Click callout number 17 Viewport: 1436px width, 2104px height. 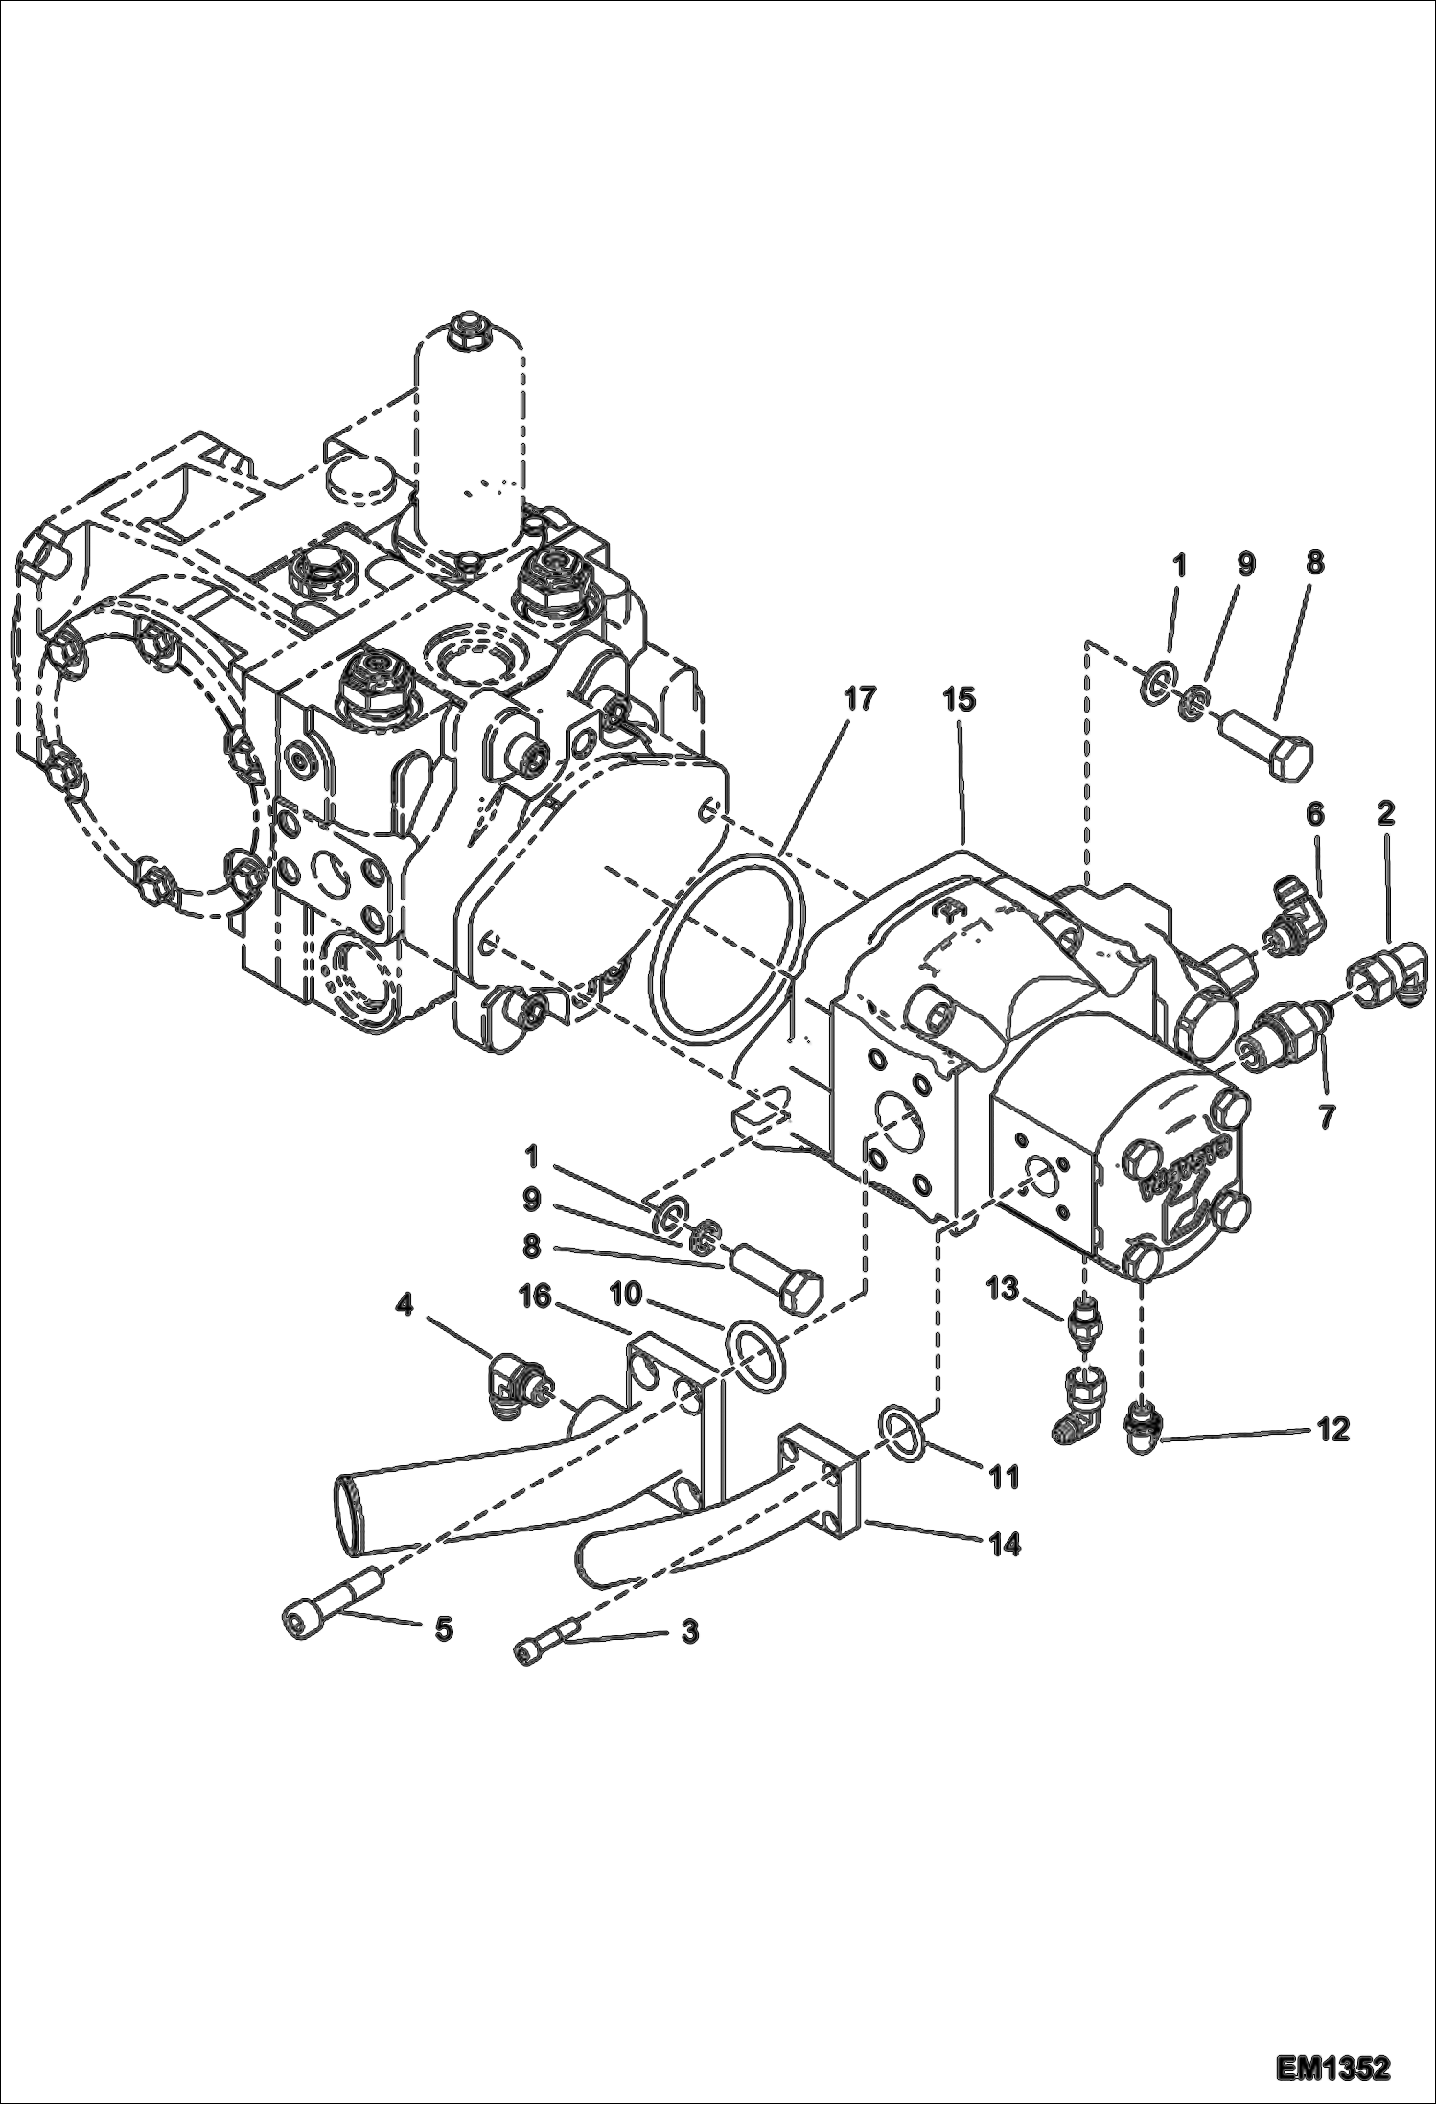[860, 699]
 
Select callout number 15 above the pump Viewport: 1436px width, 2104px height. [959, 699]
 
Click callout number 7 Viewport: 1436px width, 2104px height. [1326, 1116]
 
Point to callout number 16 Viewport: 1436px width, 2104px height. [535, 1297]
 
